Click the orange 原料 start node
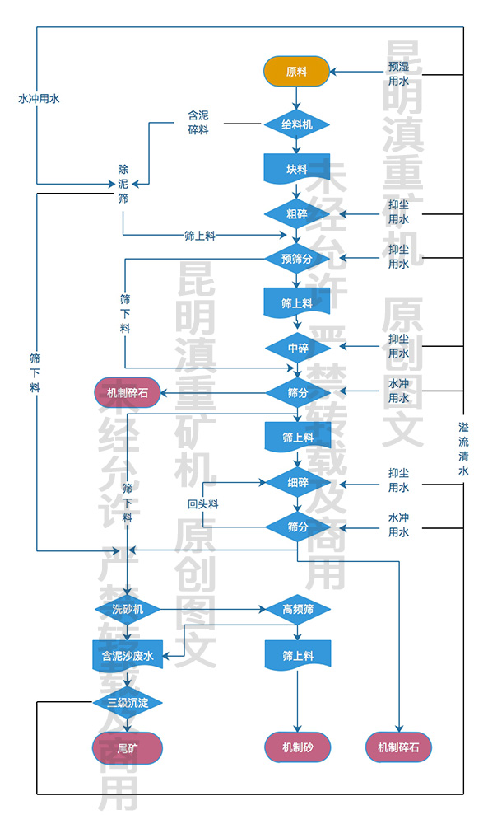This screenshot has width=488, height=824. (296, 71)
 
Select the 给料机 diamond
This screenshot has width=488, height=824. (296, 125)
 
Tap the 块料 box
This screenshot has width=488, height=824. (296, 170)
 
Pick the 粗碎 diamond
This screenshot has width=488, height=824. (296, 214)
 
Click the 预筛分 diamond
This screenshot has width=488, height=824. (296, 259)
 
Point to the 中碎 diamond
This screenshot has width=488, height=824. (296, 348)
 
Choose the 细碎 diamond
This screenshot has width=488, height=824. (296, 481)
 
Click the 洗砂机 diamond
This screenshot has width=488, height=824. (128, 610)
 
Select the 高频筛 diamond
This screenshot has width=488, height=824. (296, 610)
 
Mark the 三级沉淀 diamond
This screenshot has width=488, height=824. (128, 703)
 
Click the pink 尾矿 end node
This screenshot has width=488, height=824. (128, 748)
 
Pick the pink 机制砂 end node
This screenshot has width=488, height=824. (296, 748)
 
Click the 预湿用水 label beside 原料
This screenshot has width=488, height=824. (398, 73)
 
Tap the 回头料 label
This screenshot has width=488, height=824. (202, 503)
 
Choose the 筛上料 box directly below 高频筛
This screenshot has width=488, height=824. (296, 656)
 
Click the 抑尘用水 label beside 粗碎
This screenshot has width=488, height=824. (398, 213)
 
